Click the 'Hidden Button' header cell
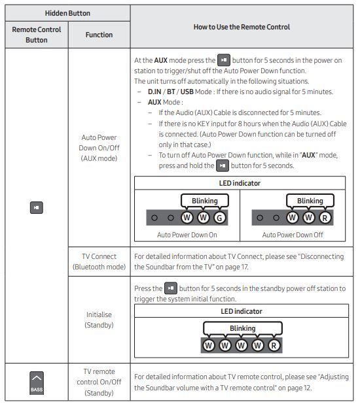point(67,13)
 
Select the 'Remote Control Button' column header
point(36,35)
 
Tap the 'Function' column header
point(99,35)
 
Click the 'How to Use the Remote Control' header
point(242,27)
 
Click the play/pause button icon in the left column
point(36,207)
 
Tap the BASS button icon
point(36,382)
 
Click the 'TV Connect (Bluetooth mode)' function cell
point(99,262)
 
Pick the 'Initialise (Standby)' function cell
point(99,320)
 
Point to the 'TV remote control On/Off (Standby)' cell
point(99,382)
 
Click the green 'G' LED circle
point(220,217)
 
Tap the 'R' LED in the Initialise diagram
point(274,345)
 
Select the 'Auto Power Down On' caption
point(187,233)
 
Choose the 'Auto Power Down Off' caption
point(293,233)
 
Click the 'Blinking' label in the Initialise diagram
point(242,328)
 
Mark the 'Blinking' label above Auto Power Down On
point(204,201)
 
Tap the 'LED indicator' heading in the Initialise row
point(240,311)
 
